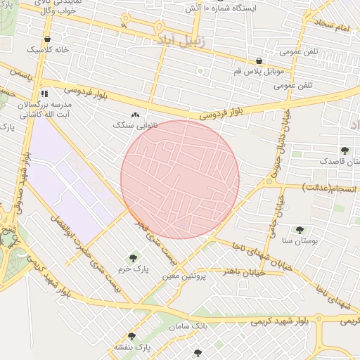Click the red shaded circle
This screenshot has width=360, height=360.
tap(180, 179)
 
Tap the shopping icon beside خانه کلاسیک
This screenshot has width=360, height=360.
tap(47, 39)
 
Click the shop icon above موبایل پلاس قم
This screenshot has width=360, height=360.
tap(259, 61)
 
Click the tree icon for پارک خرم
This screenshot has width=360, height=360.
tap(133, 258)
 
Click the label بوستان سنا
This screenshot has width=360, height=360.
tap(300, 240)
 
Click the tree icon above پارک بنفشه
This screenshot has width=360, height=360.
tap(131, 337)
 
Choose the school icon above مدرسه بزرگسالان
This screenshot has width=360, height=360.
tap(45, 92)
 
